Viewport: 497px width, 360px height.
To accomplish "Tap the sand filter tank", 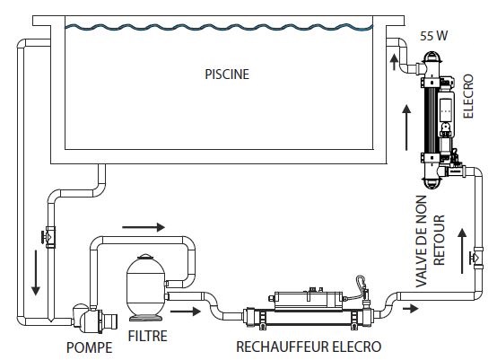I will click(145, 286).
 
